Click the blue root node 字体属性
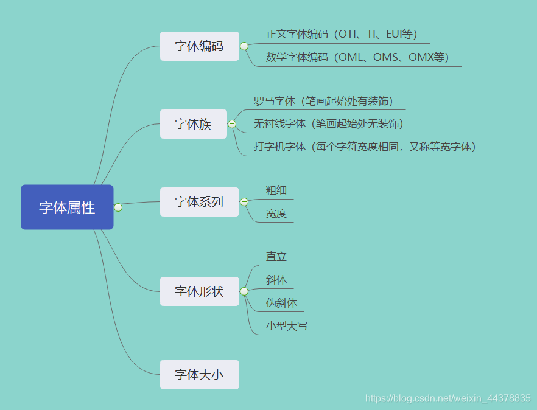point(67,207)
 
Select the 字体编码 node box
point(199,46)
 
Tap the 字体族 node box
point(193,124)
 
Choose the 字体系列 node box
point(199,202)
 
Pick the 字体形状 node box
point(199,291)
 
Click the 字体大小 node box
point(199,375)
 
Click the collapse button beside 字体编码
point(244,46)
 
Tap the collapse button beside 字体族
point(232,124)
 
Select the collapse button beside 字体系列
point(244,202)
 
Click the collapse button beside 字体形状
point(244,291)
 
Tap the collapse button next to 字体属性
point(118,207)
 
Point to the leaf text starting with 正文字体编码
point(342,34)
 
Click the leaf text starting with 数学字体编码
point(357,57)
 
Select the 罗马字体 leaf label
point(323,101)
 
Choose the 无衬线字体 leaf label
point(329,124)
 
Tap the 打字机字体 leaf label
point(365,147)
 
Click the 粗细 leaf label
point(276,190)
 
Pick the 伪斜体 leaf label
point(282,303)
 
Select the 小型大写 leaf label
point(287,326)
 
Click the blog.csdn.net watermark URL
point(447,398)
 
